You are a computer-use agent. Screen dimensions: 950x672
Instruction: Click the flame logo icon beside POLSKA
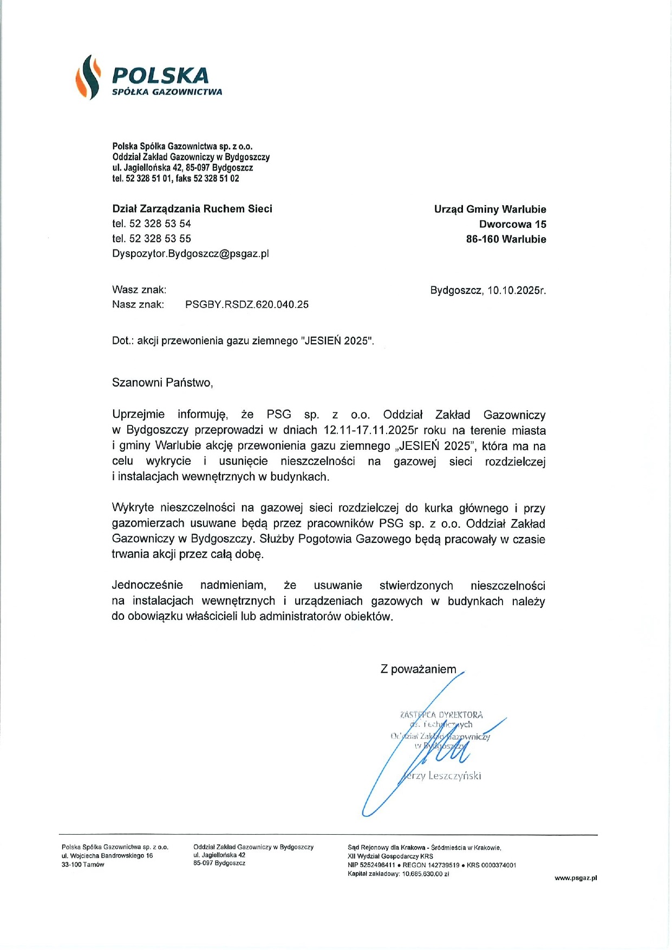88,77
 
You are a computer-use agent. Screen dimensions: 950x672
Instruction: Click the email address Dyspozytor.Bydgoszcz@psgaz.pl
190,253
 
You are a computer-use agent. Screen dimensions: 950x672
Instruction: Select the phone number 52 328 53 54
160,224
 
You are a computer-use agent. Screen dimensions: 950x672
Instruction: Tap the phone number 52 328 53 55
160,239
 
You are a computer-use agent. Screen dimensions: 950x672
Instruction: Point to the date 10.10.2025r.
516,290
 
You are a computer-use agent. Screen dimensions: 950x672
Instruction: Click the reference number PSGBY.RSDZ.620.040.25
246,305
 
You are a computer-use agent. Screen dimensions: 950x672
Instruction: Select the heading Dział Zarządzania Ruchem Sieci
192,209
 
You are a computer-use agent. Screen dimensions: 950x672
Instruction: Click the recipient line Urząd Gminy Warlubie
490,209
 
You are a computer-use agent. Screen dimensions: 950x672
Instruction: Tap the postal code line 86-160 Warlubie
506,239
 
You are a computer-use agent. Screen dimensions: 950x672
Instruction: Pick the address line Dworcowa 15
512,224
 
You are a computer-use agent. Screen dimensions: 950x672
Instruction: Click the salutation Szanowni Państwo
162,383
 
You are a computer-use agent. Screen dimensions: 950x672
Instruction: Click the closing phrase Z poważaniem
418,670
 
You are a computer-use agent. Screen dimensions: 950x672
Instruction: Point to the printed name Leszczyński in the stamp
454,776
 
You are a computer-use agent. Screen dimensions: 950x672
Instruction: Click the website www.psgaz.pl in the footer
575,878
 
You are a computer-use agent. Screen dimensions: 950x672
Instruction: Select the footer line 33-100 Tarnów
83,864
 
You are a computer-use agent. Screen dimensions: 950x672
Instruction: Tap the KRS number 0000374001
499,865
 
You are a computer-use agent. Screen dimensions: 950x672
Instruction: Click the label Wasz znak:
139,290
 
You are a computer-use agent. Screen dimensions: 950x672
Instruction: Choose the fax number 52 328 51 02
216,179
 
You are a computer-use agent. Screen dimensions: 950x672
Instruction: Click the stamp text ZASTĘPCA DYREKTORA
441,715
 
